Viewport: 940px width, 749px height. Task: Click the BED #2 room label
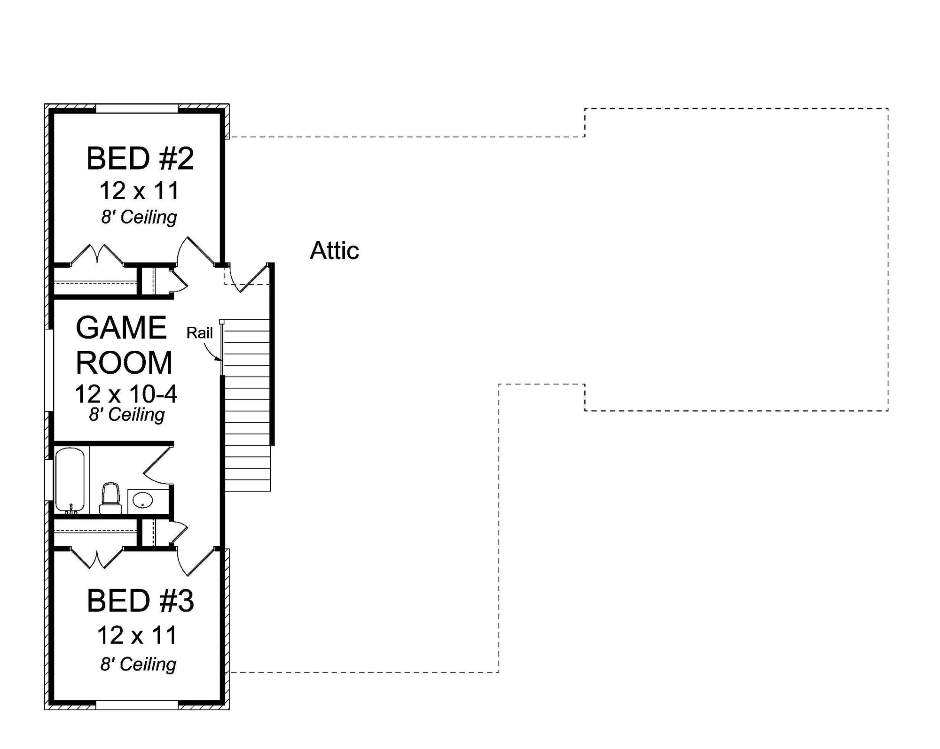tap(140, 159)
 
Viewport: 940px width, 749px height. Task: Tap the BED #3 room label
tap(140, 601)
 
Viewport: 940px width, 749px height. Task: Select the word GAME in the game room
tap(121, 328)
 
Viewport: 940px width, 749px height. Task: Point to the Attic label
tap(334, 251)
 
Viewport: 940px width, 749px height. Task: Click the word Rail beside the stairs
tap(199, 333)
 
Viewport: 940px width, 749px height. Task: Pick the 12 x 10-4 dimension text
tap(125, 394)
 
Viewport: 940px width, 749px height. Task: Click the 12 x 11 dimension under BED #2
tap(139, 191)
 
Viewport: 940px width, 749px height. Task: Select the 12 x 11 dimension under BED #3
tap(137, 635)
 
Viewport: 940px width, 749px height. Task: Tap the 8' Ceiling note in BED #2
tap(139, 217)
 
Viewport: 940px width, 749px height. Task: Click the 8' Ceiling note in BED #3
tap(138, 664)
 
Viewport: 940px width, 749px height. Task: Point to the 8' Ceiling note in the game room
tap(127, 415)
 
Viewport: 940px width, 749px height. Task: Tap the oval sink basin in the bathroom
tap(142, 501)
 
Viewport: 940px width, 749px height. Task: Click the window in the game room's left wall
tap(49, 370)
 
